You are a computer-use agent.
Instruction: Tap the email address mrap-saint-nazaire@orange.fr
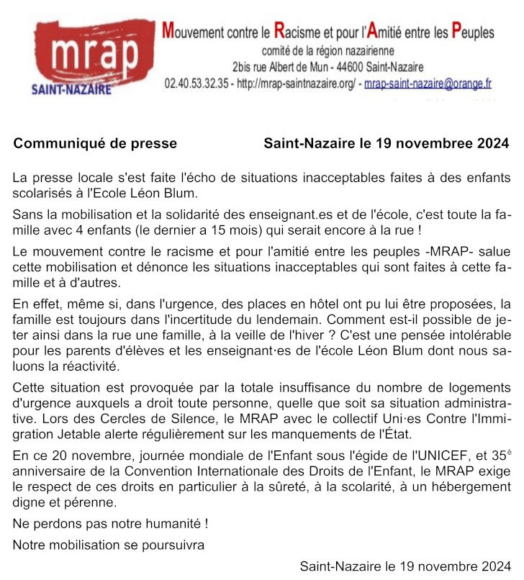coord(428,83)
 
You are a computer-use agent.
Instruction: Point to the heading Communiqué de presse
coord(95,143)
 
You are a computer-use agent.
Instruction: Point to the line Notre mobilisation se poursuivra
coord(108,545)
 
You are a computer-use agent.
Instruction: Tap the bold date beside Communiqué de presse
coord(386,143)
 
